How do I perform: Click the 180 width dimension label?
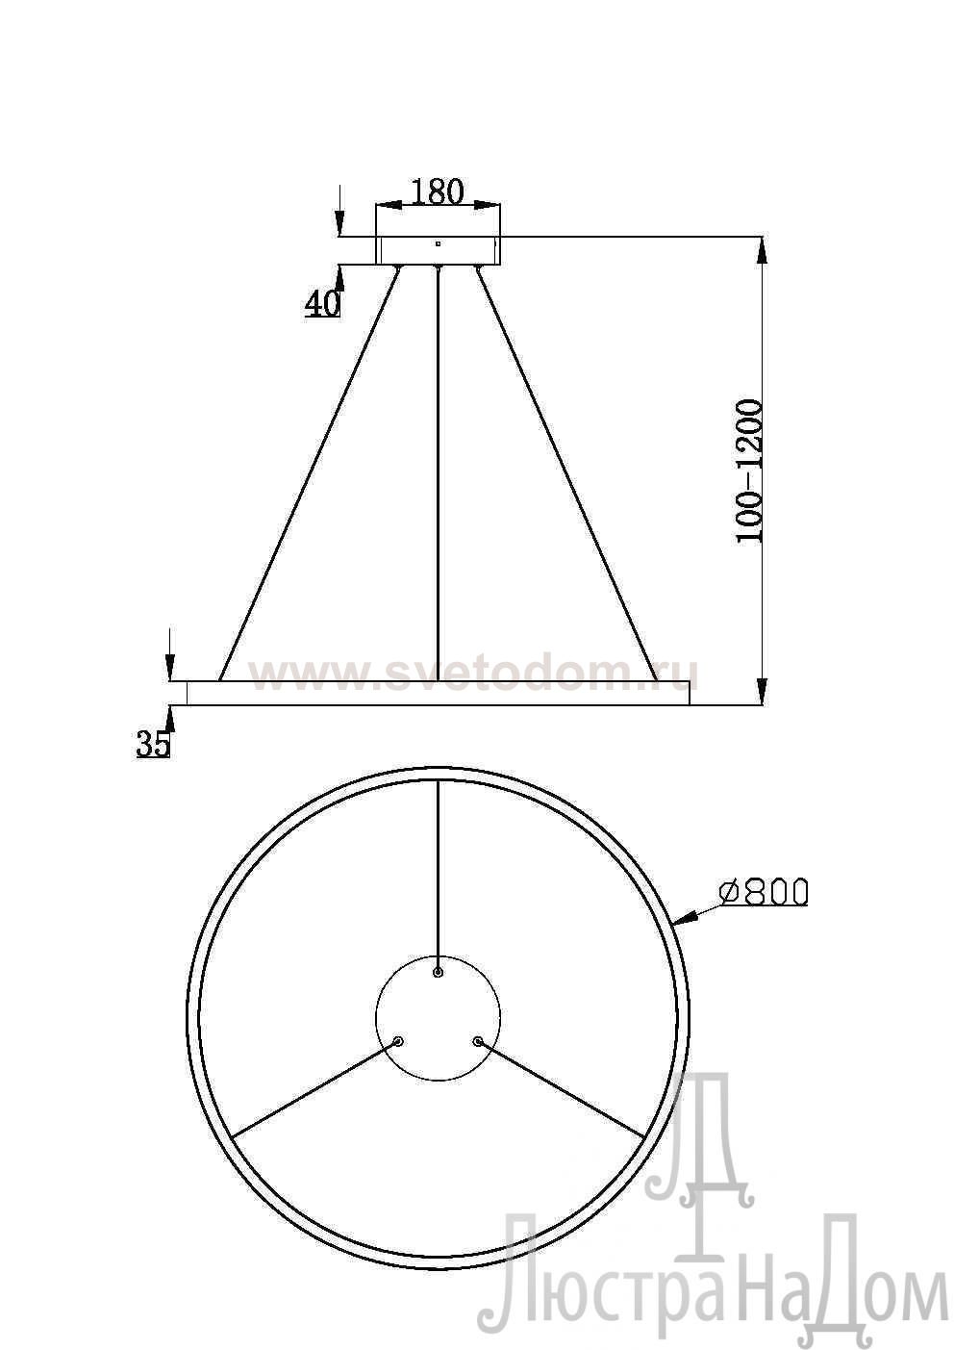coord(438,191)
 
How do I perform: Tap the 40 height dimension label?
coord(322,304)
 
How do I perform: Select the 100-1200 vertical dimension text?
coord(749,471)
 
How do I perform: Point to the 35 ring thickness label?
coord(153,744)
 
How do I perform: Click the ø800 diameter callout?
coord(764,892)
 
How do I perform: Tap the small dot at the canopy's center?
coord(438,243)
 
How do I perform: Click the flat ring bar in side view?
coord(438,693)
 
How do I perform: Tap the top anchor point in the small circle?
coord(438,973)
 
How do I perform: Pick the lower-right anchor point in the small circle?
coord(476,1040)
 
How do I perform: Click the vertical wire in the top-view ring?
coord(438,876)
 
